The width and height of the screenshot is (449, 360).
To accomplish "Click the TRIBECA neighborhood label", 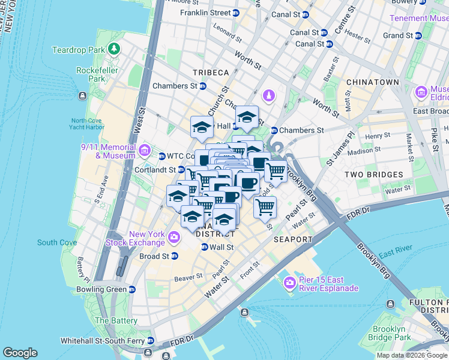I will [x=211, y=73].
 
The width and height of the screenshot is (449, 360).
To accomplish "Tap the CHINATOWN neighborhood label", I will [x=375, y=82].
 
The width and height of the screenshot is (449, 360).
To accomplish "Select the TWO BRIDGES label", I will [x=373, y=175].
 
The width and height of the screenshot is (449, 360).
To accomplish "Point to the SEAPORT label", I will [x=294, y=239].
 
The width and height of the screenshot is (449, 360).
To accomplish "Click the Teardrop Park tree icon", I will [x=113, y=49].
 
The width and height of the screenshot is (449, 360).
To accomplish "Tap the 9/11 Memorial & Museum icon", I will [x=145, y=150].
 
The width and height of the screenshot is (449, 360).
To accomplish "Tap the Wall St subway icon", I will [x=204, y=247].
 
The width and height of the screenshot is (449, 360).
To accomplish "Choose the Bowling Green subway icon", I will [x=131, y=289].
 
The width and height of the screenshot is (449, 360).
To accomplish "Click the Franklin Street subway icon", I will [x=236, y=13].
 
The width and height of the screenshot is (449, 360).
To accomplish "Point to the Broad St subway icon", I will [x=174, y=256].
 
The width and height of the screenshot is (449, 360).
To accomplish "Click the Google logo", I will [x=20, y=352].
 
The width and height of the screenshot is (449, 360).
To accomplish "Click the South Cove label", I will [x=56, y=242].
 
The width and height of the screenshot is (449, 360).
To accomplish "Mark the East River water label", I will [x=395, y=254].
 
